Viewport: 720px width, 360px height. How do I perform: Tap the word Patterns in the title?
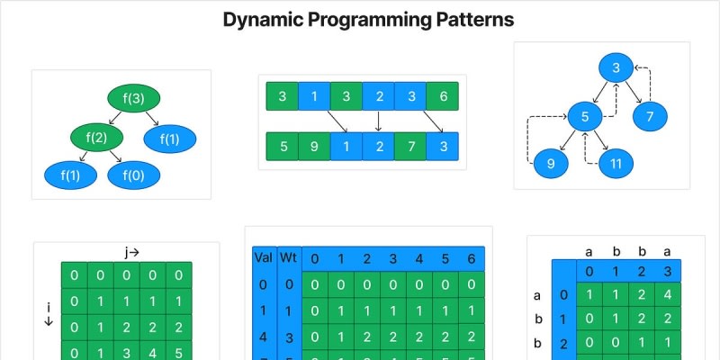(x=457, y=20)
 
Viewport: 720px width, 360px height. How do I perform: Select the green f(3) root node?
(x=133, y=98)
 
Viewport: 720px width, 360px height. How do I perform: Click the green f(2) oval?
(x=96, y=138)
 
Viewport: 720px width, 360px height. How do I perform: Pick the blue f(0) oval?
(x=133, y=175)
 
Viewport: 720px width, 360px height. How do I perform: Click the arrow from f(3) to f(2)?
(x=113, y=118)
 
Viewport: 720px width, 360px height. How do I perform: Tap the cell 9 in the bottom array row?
(x=315, y=146)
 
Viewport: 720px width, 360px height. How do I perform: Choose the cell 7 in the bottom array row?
(x=410, y=146)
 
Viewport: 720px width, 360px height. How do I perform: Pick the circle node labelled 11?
(x=616, y=163)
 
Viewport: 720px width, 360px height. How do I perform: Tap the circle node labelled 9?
(x=550, y=164)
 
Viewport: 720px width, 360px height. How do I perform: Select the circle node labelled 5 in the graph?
(x=584, y=117)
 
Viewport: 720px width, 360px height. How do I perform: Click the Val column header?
(x=264, y=258)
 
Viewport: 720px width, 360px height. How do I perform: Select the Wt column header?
(x=289, y=258)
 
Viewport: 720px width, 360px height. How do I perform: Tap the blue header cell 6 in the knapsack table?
(x=472, y=260)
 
